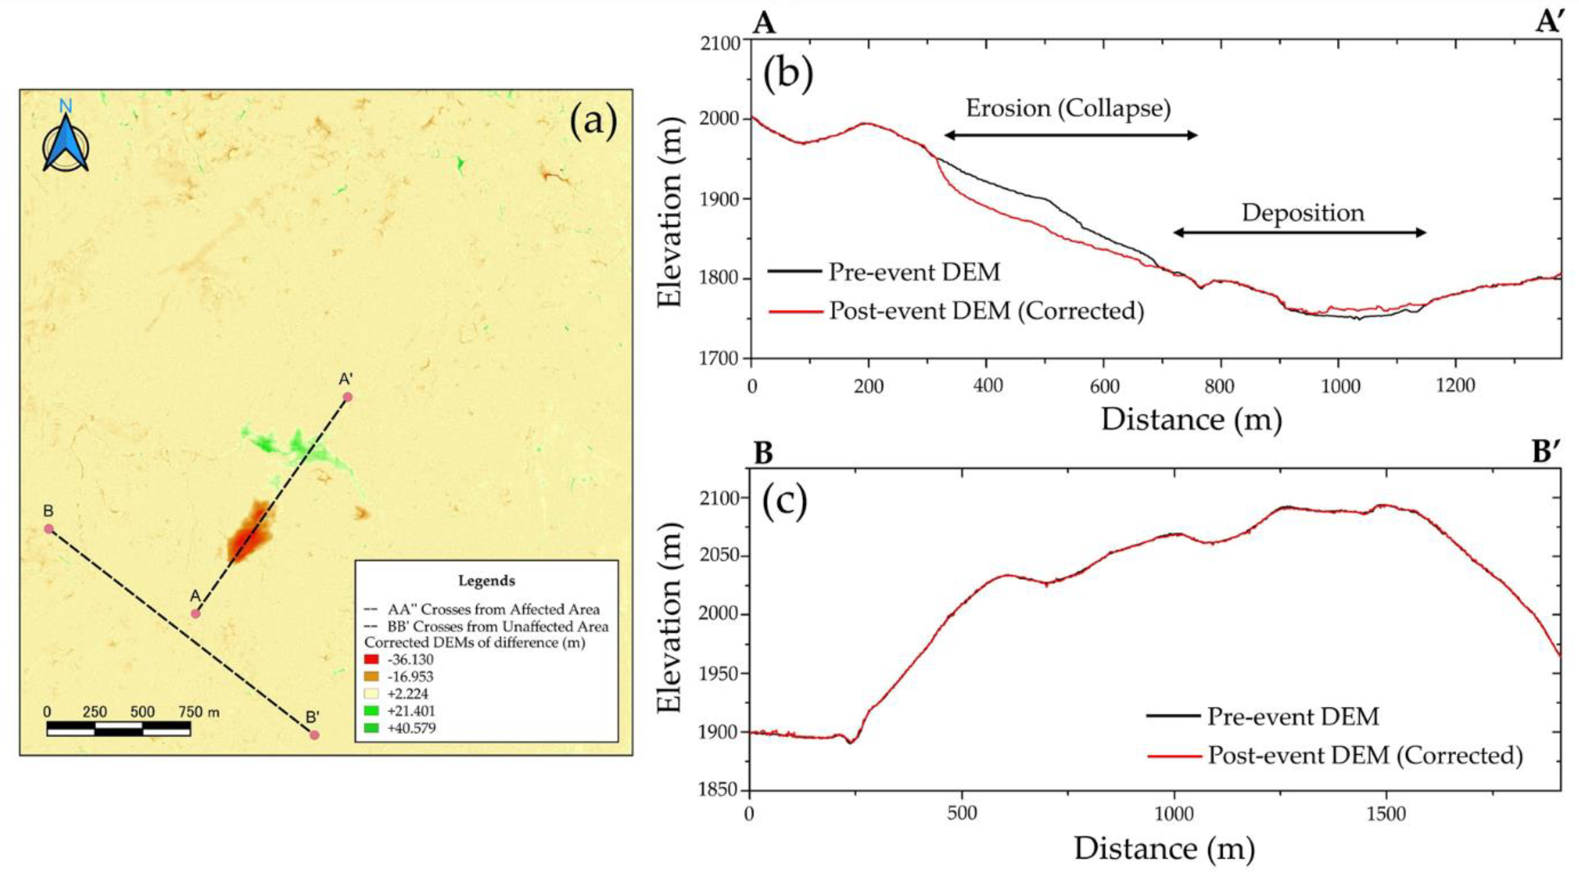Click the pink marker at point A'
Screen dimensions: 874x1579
pos(348,397)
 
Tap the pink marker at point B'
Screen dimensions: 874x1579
pos(315,735)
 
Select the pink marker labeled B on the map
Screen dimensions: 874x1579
pos(49,529)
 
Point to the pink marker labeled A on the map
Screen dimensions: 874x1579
pos(195,613)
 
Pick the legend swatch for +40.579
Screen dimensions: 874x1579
pos(371,728)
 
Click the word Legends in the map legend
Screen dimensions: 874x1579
pos(487,580)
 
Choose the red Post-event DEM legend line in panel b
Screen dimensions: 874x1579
pos(795,311)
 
